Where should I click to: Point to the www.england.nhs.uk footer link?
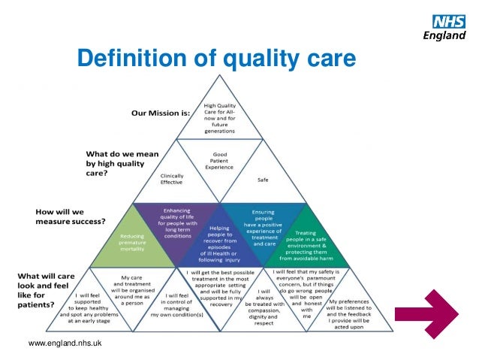click(65, 343)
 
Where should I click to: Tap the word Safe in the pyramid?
click(263, 180)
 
